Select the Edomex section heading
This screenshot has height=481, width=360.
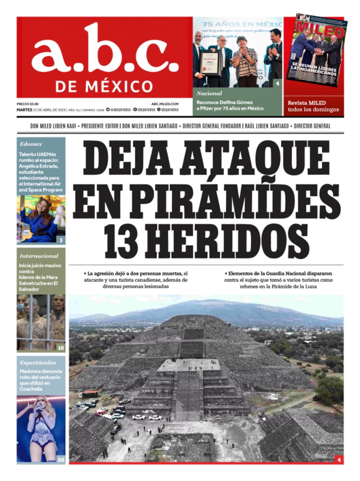[x=31, y=144]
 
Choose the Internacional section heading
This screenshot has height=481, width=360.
[x=39, y=256]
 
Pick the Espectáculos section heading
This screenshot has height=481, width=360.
[x=38, y=363]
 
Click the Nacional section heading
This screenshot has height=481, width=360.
[x=209, y=93]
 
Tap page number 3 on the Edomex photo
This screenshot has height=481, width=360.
[x=61, y=240]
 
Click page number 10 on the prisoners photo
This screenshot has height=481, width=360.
[x=61, y=348]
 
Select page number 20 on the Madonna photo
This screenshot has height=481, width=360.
[x=61, y=460]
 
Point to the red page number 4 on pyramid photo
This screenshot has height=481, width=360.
[x=339, y=460]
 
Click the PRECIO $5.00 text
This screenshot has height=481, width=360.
[x=28, y=104]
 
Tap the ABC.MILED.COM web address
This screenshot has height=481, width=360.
[x=165, y=104]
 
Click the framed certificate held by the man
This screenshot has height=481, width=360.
[x=211, y=63]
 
